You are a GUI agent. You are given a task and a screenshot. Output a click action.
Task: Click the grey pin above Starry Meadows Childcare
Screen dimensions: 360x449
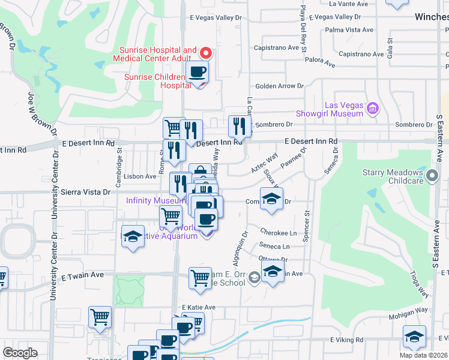tap(432, 175)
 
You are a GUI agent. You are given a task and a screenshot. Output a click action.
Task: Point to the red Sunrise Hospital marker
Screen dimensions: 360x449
tap(206, 53)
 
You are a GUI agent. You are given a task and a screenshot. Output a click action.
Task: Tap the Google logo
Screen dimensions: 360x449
tap(20, 353)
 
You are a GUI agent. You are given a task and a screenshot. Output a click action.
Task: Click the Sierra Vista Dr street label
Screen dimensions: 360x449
tap(86, 192)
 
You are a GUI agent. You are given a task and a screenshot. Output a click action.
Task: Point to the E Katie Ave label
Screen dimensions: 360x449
tap(198, 307)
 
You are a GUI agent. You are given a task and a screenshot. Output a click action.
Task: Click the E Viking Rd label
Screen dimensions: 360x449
tap(346, 340)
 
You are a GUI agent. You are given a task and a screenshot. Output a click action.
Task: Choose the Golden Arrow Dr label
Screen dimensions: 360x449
tap(280, 86)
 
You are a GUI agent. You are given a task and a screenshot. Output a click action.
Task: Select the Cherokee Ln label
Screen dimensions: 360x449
tap(279, 232)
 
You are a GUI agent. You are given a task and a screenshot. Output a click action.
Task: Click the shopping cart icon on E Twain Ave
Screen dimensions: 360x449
tap(200, 278)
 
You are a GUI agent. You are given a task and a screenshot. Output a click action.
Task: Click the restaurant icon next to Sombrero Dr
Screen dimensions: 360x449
tap(239, 127)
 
